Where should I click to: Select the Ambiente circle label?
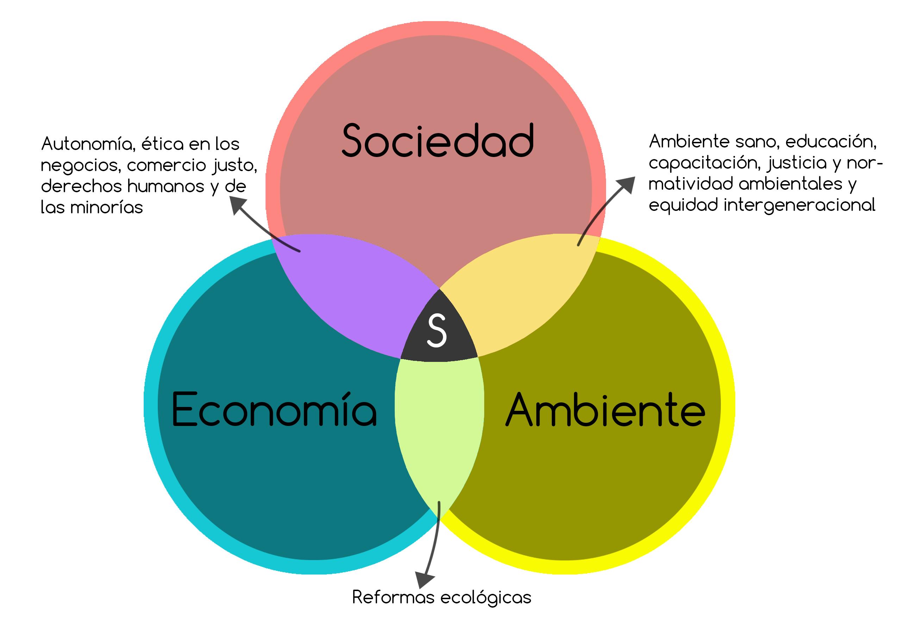tap(605, 410)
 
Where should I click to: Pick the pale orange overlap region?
tap(524, 291)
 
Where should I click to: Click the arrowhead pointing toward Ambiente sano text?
tap(626, 184)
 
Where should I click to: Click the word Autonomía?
tap(88, 144)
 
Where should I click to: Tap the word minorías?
tap(106, 207)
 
